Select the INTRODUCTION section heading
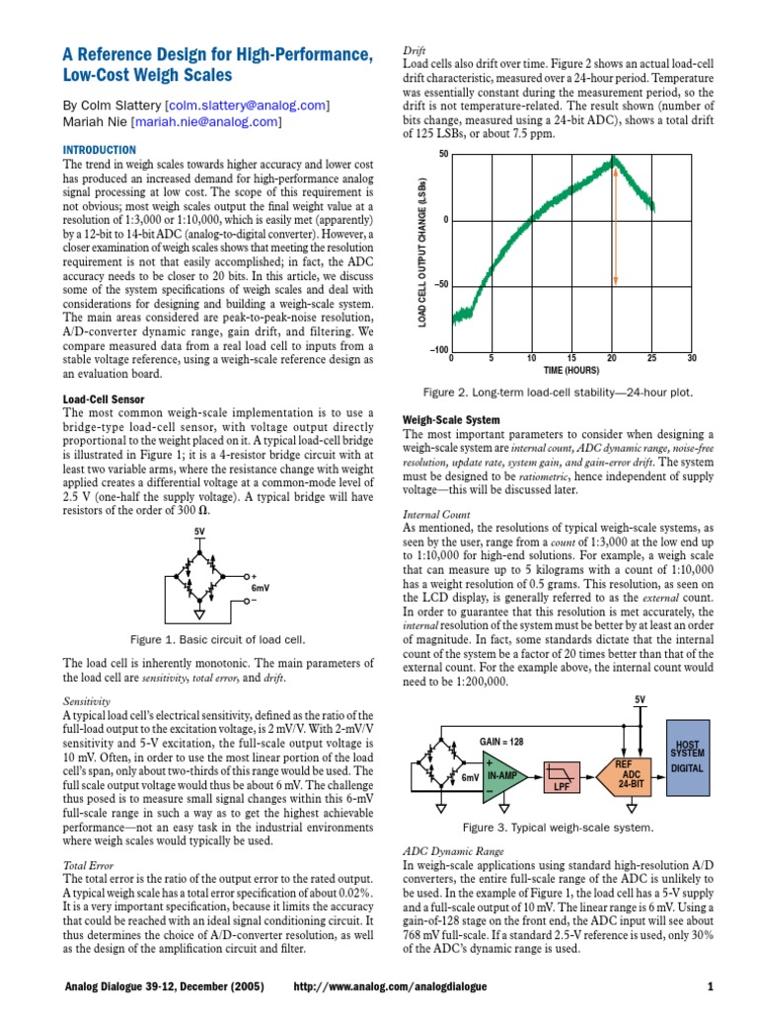[x=102, y=149]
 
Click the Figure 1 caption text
[x=215, y=639]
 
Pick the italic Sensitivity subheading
[x=88, y=700]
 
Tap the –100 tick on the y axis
[x=438, y=350]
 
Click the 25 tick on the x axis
[x=651, y=359]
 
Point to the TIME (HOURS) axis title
[x=570, y=370]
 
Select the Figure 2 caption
[x=558, y=392]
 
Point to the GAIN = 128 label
[x=503, y=740]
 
